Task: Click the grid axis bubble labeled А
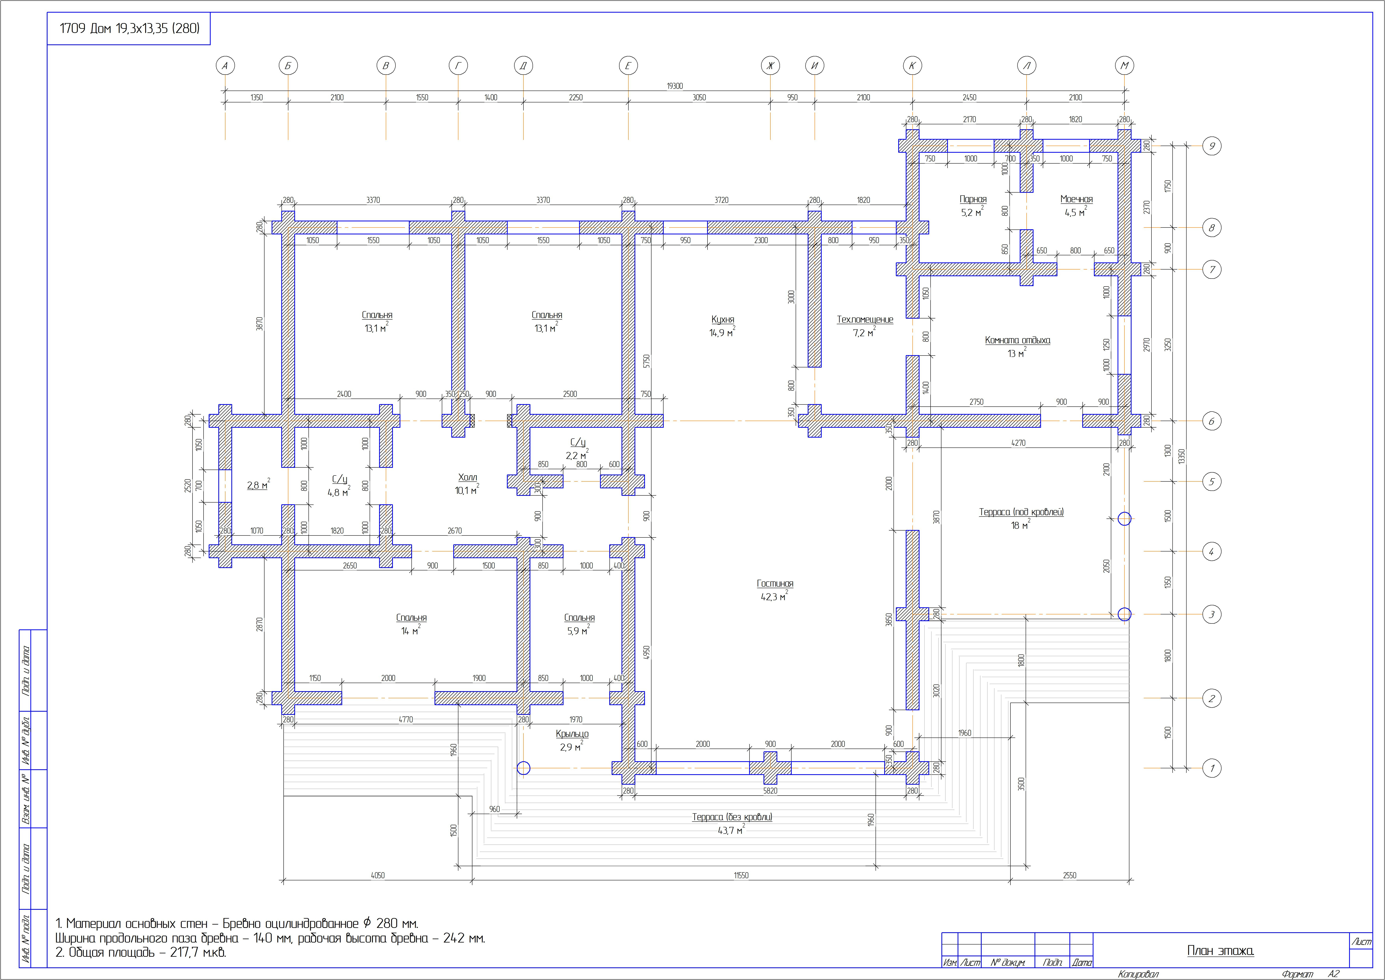pos(225,66)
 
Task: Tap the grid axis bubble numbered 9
pos(1212,146)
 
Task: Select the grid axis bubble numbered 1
pos(1212,768)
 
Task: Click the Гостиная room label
pos(775,584)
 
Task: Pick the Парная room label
pos(973,199)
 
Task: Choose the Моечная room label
pos(1077,199)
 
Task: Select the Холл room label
pos(467,477)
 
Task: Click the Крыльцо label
pos(572,734)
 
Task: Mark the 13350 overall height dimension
pos(1182,456)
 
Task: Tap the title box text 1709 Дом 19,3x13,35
pos(129,28)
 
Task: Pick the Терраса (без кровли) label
pos(732,817)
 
